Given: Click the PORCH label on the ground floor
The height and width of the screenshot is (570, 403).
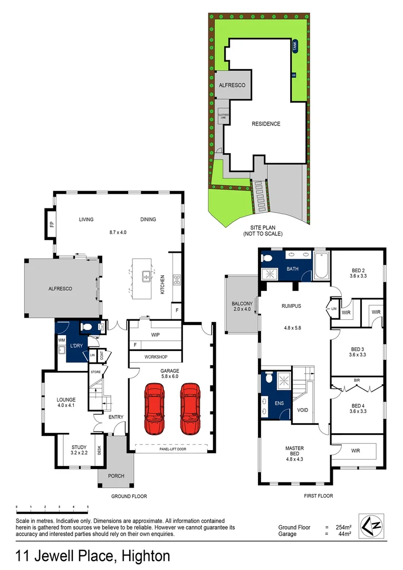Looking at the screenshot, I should (x=116, y=476).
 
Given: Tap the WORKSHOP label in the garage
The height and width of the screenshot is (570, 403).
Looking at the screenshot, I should (x=156, y=357).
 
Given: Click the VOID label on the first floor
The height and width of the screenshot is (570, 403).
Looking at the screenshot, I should (x=303, y=409).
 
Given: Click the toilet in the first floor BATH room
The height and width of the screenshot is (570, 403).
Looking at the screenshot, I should (x=267, y=258).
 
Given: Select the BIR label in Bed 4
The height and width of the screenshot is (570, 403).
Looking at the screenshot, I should (x=357, y=379).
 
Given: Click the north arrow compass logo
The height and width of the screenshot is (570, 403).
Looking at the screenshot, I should (x=371, y=525).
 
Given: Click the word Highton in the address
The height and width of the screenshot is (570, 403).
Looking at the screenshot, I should (x=146, y=556).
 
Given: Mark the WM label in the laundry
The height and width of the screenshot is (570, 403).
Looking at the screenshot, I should (x=62, y=340).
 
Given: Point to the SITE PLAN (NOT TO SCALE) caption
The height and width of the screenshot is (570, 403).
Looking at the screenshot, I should (x=263, y=230).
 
